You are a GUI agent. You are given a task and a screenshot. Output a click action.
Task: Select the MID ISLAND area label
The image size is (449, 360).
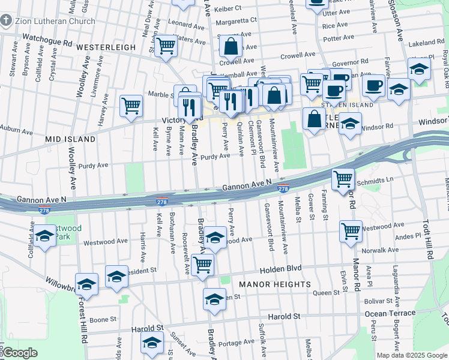(x=70, y=139)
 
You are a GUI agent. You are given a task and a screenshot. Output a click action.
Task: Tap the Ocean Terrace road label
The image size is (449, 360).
(x=390, y=313)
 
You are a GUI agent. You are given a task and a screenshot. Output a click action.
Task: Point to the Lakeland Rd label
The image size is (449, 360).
(x=426, y=43)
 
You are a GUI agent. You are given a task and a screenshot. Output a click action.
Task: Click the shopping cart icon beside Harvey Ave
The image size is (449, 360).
(x=131, y=106)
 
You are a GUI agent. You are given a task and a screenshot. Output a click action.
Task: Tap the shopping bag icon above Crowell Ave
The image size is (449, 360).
(x=231, y=45)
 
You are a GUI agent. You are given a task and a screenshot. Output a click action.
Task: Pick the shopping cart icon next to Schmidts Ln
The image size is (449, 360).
(x=343, y=178)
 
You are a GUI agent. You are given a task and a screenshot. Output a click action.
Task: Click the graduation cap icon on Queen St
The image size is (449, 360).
(x=214, y=298)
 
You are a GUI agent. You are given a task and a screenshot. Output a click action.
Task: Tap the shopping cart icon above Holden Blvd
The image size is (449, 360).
(x=203, y=263)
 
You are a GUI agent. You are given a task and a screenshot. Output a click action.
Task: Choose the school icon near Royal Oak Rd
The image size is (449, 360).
(x=419, y=68)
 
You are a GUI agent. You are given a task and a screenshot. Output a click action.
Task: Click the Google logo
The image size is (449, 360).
(x=20, y=353)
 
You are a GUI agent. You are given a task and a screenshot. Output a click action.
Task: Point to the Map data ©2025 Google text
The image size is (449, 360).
(x=411, y=355)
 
